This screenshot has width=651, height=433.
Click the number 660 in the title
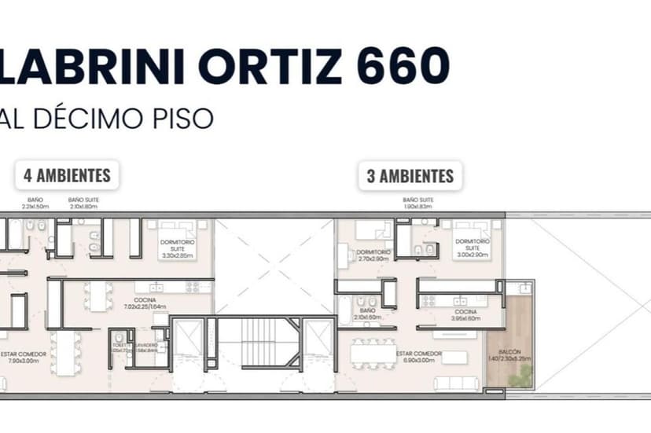[403, 67]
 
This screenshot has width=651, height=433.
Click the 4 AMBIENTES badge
[67, 174]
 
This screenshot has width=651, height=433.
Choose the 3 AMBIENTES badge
[410, 175]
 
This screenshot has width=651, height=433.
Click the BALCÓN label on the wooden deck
[509, 354]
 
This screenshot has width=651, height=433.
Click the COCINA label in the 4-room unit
[145, 303]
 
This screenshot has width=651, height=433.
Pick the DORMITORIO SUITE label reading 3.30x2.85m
[178, 248]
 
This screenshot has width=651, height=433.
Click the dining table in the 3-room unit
[374, 354]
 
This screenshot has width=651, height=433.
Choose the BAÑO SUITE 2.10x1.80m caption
[83, 203]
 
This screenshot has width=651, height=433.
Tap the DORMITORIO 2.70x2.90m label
[372, 255]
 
